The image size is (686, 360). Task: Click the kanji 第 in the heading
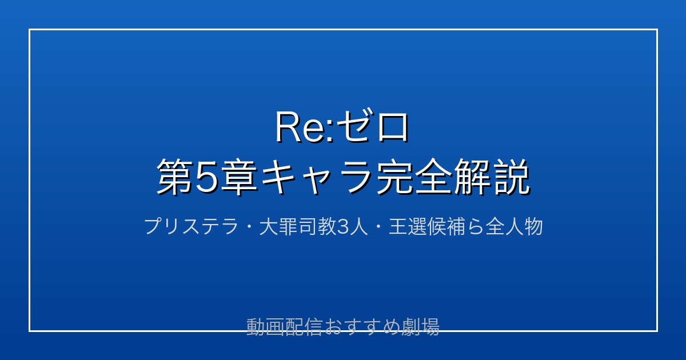tap(175, 178)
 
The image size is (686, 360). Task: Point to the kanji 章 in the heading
tap(239, 178)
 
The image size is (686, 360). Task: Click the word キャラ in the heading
tap(316, 178)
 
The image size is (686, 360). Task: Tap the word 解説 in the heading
tap(492, 178)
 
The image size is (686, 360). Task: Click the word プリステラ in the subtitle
tap(192, 226)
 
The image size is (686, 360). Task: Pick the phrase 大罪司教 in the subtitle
tap(298, 226)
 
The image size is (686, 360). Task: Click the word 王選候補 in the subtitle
tap(428, 226)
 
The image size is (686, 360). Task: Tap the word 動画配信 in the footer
tap(284, 327)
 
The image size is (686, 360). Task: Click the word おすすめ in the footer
tap(362, 327)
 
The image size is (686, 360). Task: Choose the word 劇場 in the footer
tap(420, 327)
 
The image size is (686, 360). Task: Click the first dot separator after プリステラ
tap(249, 227)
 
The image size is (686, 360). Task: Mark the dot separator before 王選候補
tap(378, 227)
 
